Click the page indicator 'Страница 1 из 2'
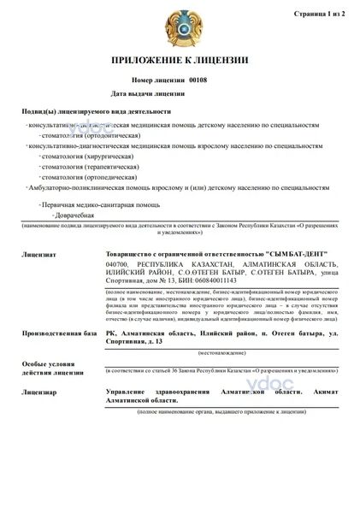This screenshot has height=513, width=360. tap(319, 14)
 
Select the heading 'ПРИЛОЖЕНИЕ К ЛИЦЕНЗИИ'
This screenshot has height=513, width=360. tap(180, 60)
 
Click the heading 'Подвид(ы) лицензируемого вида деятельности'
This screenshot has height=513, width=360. tap(96, 112)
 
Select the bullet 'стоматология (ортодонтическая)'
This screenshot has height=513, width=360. tap(94, 135)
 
